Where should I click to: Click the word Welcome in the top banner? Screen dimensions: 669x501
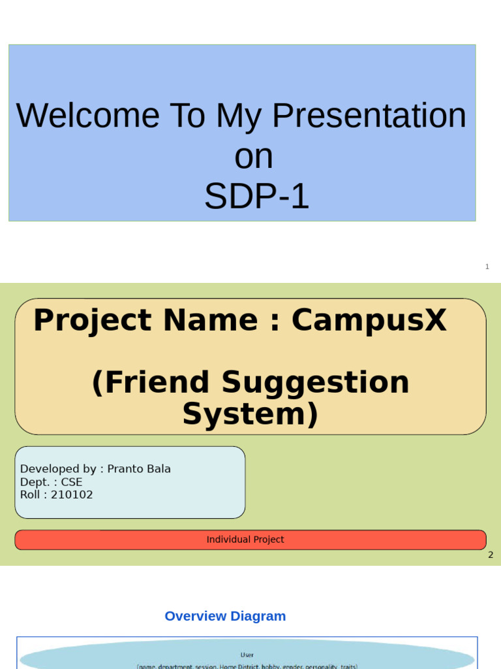[x=87, y=116]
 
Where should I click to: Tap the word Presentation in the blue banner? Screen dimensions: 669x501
[x=369, y=116]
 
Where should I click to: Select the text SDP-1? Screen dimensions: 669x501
[x=256, y=197]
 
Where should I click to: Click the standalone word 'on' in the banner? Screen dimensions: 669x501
[x=253, y=157]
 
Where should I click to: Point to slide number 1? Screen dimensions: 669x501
[x=487, y=267]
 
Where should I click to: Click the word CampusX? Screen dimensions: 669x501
[x=369, y=320]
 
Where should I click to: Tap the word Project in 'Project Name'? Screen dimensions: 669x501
[x=93, y=320]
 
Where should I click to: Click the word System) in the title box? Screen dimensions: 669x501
[x=250, y=414]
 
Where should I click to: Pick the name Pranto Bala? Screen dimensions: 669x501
[x=139, y=468]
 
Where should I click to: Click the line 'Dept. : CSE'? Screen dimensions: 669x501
[x=51, y=481]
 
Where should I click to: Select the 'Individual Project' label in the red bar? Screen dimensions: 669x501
[x=245, y=540]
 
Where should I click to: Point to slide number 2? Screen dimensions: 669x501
[x=491, y=555]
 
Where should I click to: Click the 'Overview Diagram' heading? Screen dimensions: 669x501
[x=225, y=616]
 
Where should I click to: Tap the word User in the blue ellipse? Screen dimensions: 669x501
[x=247, y=654]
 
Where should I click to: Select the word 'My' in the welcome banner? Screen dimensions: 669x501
[x=234, y=116]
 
